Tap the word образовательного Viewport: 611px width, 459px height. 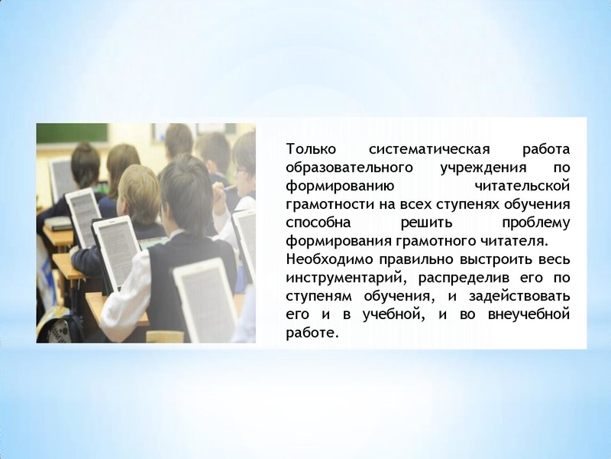point(342,167)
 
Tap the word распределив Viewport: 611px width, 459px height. point(455,278)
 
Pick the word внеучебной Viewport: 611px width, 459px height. point(527,315)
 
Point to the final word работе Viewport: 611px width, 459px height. point(311,334)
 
